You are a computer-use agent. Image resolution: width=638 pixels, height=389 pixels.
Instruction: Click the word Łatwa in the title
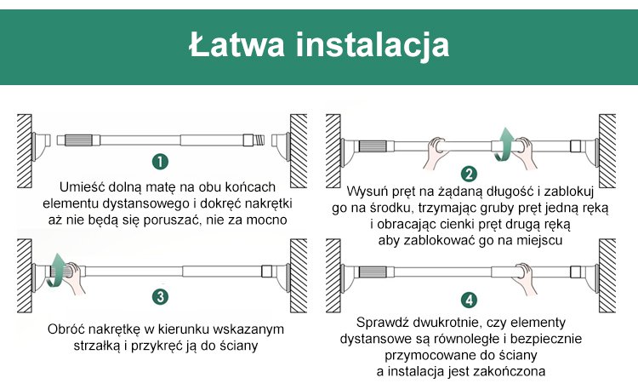pos(236,44)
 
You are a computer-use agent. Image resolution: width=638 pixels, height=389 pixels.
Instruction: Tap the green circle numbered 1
pos(160,162)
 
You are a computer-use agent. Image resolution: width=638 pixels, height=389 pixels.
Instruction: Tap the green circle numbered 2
pos(469,174)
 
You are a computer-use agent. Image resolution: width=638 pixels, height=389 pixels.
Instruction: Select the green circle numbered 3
pos(160,296)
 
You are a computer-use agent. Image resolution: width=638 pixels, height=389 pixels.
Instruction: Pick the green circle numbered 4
pos(469,300)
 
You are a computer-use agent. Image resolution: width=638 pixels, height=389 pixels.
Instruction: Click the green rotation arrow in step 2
pos(504,145)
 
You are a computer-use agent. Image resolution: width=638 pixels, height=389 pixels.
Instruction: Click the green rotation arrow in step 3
pos(56,270)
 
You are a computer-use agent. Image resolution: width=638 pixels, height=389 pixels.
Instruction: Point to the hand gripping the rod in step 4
pos(526,277)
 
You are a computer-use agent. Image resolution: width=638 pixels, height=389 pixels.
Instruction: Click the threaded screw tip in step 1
pos(259,140)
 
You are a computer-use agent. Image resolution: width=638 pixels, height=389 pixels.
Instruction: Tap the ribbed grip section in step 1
pos(78,140)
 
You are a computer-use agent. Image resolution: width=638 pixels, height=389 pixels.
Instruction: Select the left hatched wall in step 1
pos(25,151)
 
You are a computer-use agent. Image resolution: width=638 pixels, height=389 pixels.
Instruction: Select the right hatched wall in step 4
pos(607,275)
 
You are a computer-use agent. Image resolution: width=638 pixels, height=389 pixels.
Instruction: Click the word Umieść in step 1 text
pos(82,187)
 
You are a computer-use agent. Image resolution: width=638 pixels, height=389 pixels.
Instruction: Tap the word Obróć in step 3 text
pos(66,329)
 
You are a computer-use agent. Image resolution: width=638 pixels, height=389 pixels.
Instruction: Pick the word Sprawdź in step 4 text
pos(383,323)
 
